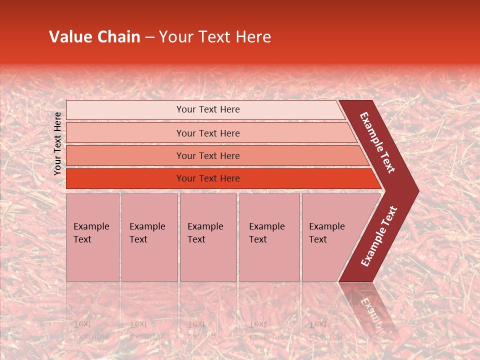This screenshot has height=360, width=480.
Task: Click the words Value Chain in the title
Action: [x=94, y=37]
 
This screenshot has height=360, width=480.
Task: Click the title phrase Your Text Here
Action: [x=215, y=37]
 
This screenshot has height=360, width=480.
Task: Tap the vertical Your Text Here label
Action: [x=57, y=143]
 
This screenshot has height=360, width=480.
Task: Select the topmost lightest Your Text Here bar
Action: [x=208, y=109]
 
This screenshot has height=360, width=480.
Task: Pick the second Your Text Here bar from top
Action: [x=208, y=133]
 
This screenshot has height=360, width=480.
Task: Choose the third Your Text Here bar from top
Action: [x=208, y=155]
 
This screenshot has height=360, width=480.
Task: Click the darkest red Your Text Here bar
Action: [x=208, y=178]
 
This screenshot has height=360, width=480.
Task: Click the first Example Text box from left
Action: [x=92, y=237]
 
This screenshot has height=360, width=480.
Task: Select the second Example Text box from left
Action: [x=149, y=237]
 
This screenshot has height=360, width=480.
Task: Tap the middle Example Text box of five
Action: [x=208, y=237]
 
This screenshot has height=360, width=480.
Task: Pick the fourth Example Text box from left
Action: [x=269, y=237]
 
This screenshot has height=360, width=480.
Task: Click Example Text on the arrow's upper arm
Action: [x=377, y=142]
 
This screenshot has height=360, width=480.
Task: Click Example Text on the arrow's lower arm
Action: [x=378, y=236]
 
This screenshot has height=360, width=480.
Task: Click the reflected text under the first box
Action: [x=90, y=330]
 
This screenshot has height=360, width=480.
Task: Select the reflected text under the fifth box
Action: [x=326, y=330]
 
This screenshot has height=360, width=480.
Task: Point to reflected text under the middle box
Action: [x=205, y=330]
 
